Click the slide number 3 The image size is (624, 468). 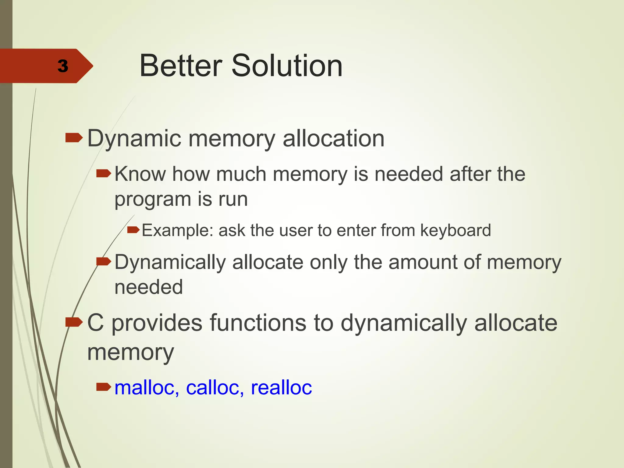pos(63,66)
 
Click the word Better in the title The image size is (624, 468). pos(181,66)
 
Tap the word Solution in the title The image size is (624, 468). pos(287,66)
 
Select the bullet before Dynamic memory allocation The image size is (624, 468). pos(74,138)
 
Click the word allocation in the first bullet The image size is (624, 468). pos(333,139)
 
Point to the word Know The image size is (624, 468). pos(140,174)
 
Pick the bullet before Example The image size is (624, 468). pos(133,229)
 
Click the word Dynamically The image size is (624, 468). pos(170,263)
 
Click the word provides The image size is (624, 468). pos(157,323)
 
